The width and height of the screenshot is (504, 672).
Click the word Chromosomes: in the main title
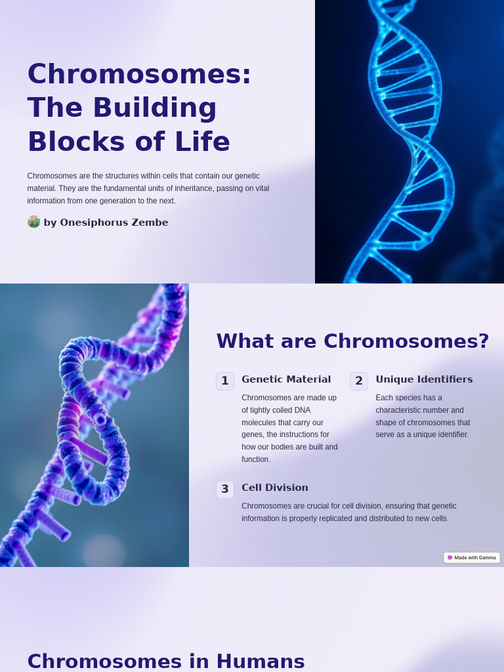139,73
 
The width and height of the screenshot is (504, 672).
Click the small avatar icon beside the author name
33,222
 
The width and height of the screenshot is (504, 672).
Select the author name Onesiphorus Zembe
114,222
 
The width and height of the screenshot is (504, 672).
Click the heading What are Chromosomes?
352,341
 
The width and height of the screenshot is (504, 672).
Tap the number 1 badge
225,381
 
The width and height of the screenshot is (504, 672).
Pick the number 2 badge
359,381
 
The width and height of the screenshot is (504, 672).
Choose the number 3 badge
225,489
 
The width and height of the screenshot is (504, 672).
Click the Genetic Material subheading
286,379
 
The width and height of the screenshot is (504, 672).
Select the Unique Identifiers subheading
424,379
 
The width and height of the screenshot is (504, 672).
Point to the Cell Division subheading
274,488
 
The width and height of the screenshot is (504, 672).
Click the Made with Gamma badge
472,557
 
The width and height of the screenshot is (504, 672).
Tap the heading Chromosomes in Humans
166,661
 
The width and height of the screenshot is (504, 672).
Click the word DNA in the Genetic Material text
303,410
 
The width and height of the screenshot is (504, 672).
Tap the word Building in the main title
154,108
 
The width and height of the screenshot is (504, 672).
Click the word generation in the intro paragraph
125,201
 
